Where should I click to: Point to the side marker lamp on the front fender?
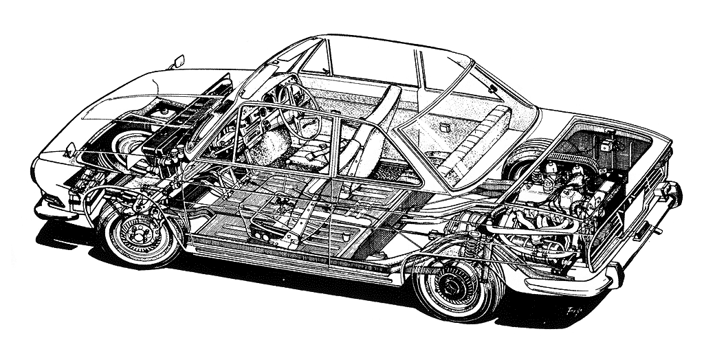pos(70,148)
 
